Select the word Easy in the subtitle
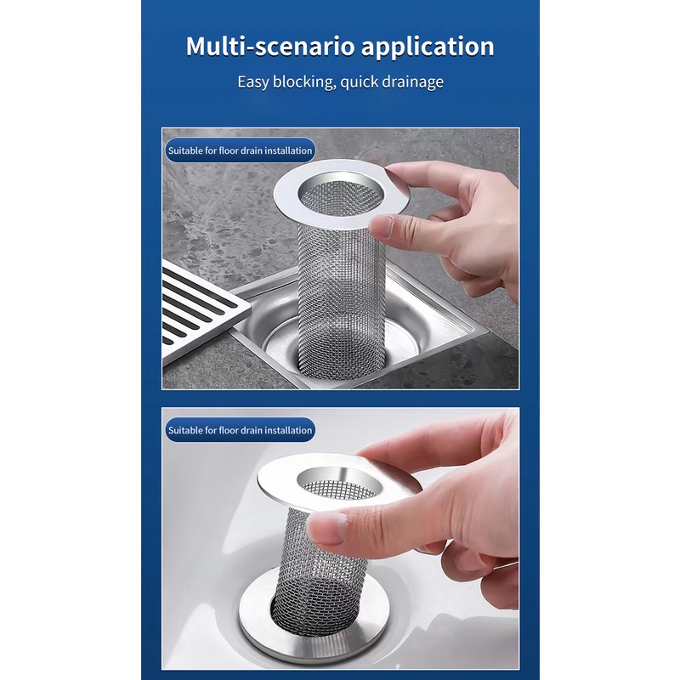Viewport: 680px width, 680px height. coord(254,82)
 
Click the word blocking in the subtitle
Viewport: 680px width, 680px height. coord(306,82)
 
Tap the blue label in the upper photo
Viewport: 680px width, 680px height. coord(241,150)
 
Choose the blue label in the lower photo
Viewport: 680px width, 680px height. coord(241,430)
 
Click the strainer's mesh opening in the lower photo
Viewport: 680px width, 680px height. coord(340,488)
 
